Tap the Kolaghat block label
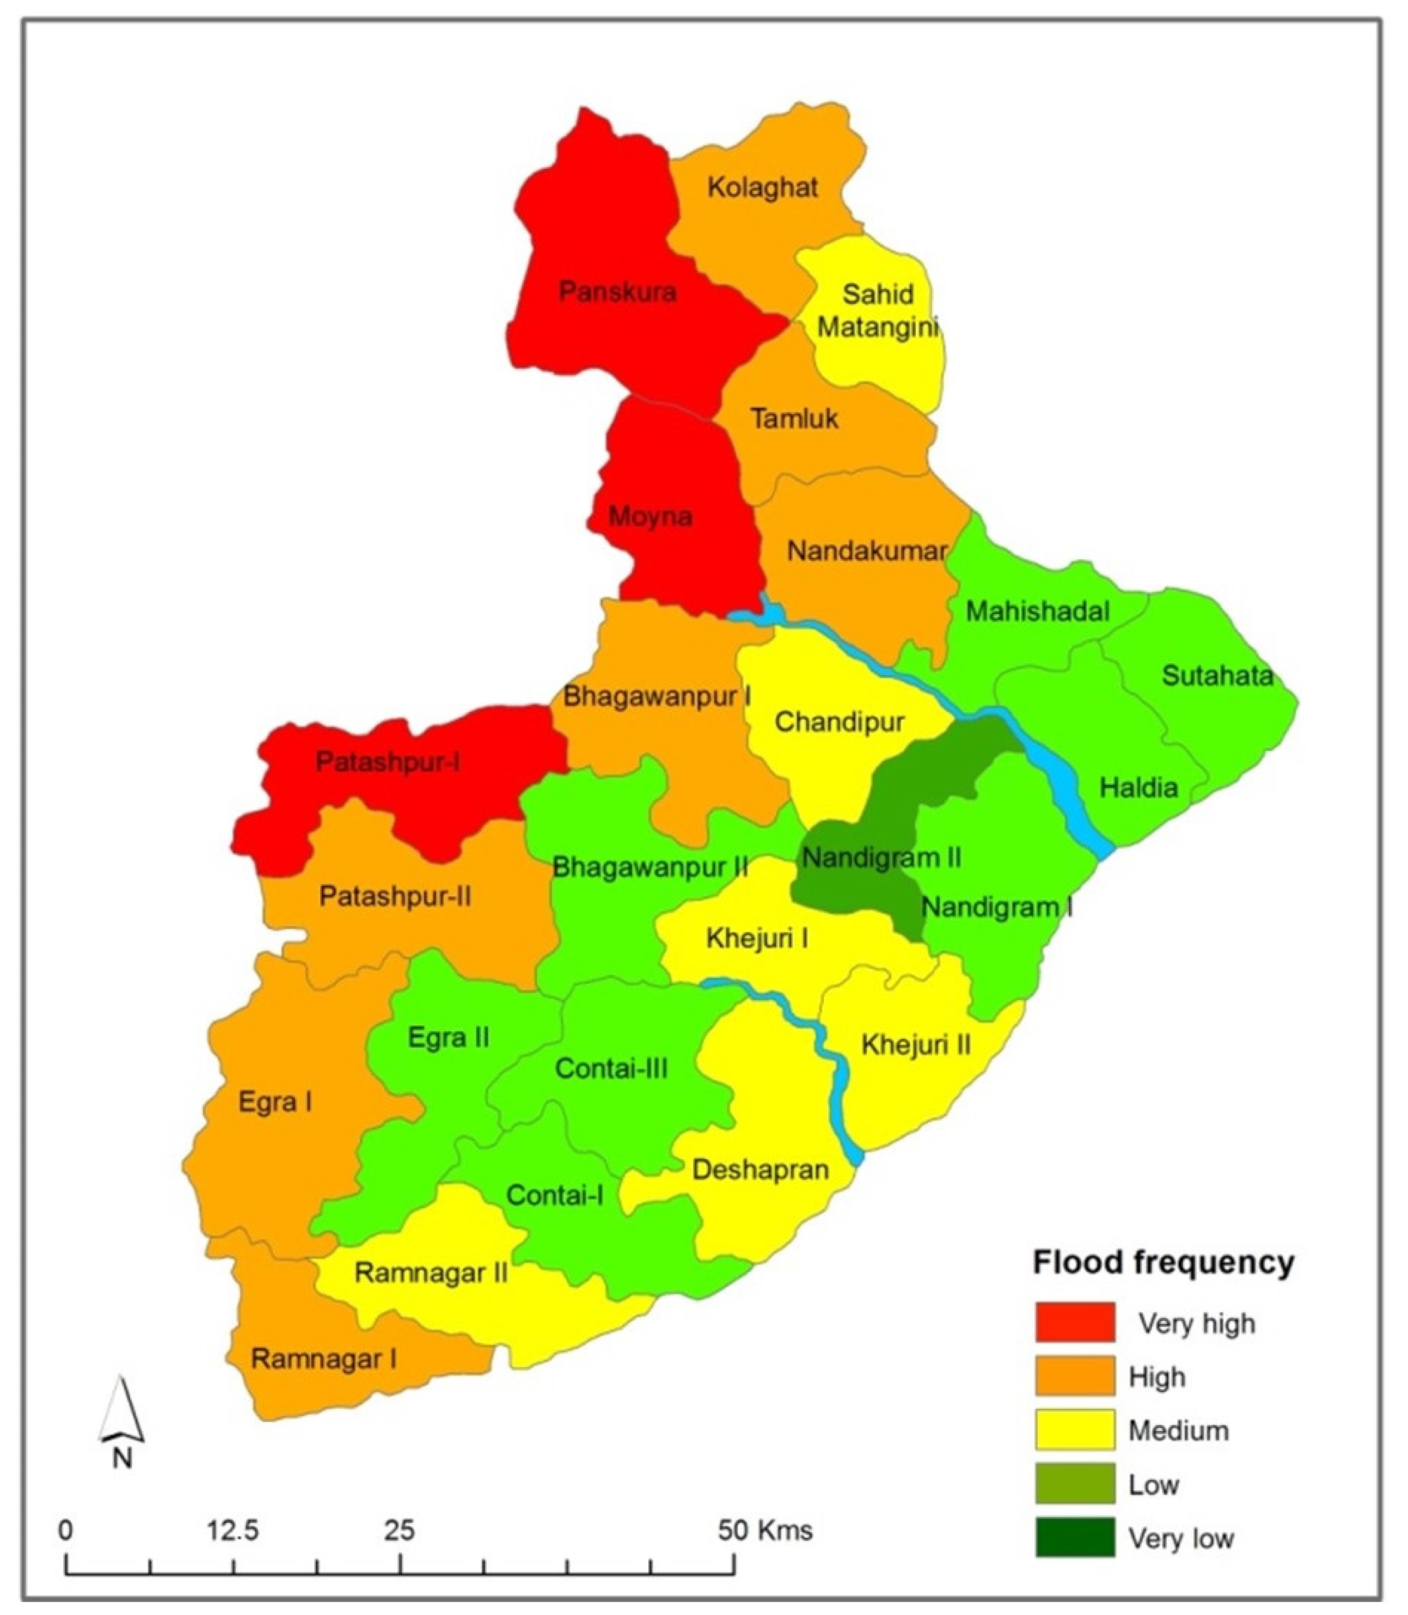coord(762,187)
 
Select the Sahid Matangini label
coord(878,310)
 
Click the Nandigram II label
coord(881,858)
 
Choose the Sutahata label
coord(1217,676)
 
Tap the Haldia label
coord(1138,787)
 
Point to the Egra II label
coord(449,1037)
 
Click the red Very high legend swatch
coord(1074,1322)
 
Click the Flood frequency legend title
coord(1164,1262)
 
